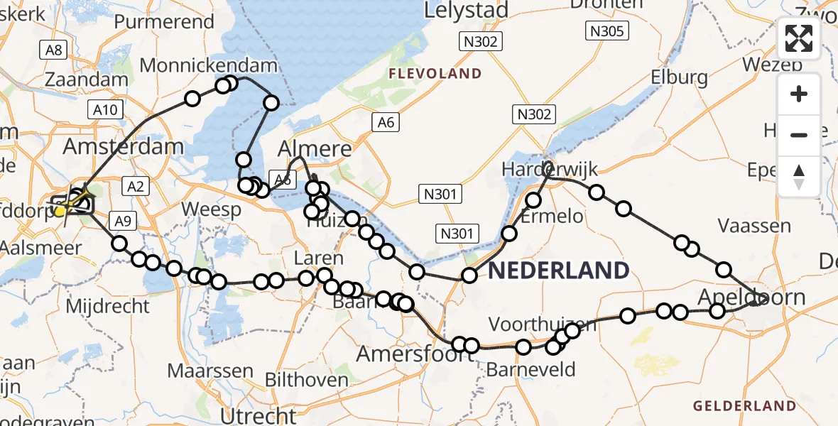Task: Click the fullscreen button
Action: pos(799,38)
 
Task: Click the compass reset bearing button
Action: pos(799,176)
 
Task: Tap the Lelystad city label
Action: pos(467,11)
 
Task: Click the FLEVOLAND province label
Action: pos(435,74)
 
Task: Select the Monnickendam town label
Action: pos(208,66)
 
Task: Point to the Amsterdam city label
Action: pos(123,148)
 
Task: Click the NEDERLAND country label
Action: pos(559,270)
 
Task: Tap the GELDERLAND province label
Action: pos(744,406)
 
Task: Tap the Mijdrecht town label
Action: pos(107,307)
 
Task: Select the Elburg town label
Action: pos(678,77)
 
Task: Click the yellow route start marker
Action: pos(61,210)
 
